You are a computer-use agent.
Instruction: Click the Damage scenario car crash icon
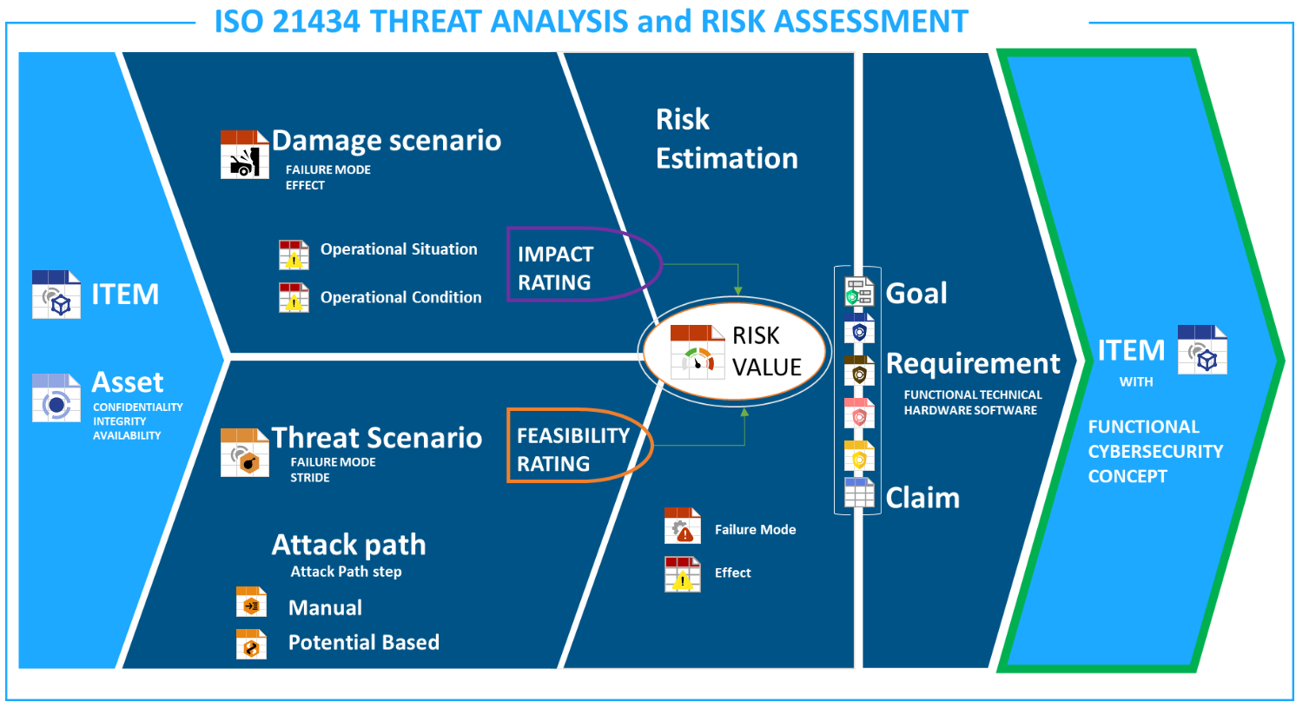click(244, 155)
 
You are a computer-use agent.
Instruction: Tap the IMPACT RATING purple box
click(508, 264)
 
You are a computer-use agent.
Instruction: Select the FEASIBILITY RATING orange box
click(508, 445)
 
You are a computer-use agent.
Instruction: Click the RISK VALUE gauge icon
click(698, 352)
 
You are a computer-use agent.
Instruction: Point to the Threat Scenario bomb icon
click(244, 453)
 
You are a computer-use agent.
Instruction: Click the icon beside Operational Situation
click(294, 255)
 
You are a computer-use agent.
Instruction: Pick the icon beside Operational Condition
click(294, 297)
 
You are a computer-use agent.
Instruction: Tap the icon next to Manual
click(251, 602)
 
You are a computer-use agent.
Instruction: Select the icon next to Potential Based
click(251, 644)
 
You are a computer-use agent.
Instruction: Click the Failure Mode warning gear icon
click(682, 526)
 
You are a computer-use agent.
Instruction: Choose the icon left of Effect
click(682, 574)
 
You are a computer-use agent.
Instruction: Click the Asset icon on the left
click(56, 398)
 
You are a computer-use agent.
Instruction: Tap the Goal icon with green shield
click(859, 292)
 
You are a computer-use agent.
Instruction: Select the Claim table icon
click(859, 493)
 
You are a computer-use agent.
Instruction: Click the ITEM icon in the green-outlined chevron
click(1202, 349)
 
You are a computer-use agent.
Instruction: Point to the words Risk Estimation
click(727, 139)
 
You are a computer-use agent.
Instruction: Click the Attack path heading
click(349, 545)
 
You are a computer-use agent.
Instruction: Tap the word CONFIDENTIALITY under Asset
click(138, 407)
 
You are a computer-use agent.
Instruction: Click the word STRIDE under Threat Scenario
click(310, 478)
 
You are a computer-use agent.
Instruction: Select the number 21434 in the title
click(316, 22)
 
